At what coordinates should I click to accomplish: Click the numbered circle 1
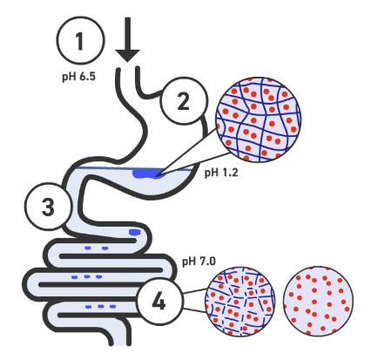coord(80,40)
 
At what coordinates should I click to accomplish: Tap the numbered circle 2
coord(185,101)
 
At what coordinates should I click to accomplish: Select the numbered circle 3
coord(49,207)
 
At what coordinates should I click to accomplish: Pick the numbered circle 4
coord(160,302)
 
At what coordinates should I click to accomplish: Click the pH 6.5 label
coord(78,77)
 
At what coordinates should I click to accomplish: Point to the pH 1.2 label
coord(221,173)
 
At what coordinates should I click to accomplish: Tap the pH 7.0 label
coord(199,262)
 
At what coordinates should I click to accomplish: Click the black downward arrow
coord(127,39)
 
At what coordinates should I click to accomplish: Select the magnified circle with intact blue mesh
coord(258,119)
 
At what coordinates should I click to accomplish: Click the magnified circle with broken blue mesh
coord(239,302)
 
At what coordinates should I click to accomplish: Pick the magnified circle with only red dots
coord(318,302)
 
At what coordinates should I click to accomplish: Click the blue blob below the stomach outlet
coord(135,232)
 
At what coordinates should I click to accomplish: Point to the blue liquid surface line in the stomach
coord(134,168)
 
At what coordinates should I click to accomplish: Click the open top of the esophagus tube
coord(128,69)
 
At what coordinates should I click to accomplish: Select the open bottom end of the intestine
coord(120,344)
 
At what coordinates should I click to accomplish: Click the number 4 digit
coord(159,302)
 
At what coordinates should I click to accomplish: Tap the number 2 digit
coord(184,101)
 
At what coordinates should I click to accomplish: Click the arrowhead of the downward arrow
coord(127,55)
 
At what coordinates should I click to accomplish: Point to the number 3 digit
coord(48,207)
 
